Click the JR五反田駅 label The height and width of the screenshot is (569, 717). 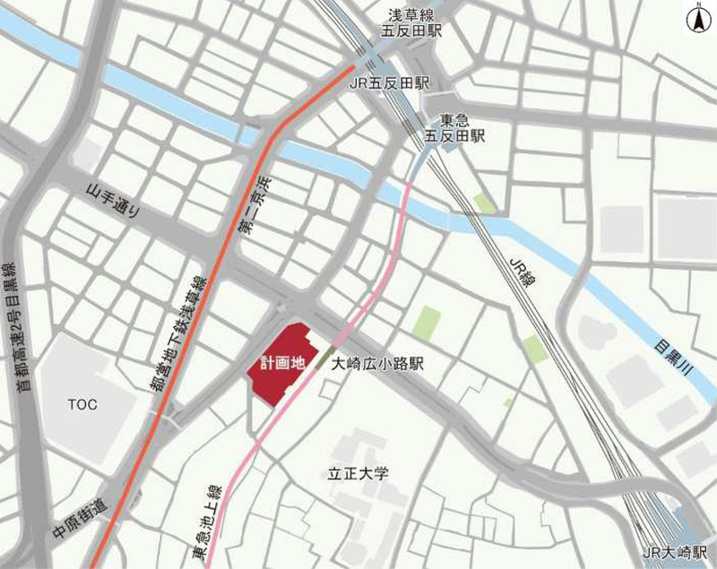[388, 82]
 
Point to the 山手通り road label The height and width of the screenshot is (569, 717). [113, 202]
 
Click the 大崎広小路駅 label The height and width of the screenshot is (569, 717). [376, 365]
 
